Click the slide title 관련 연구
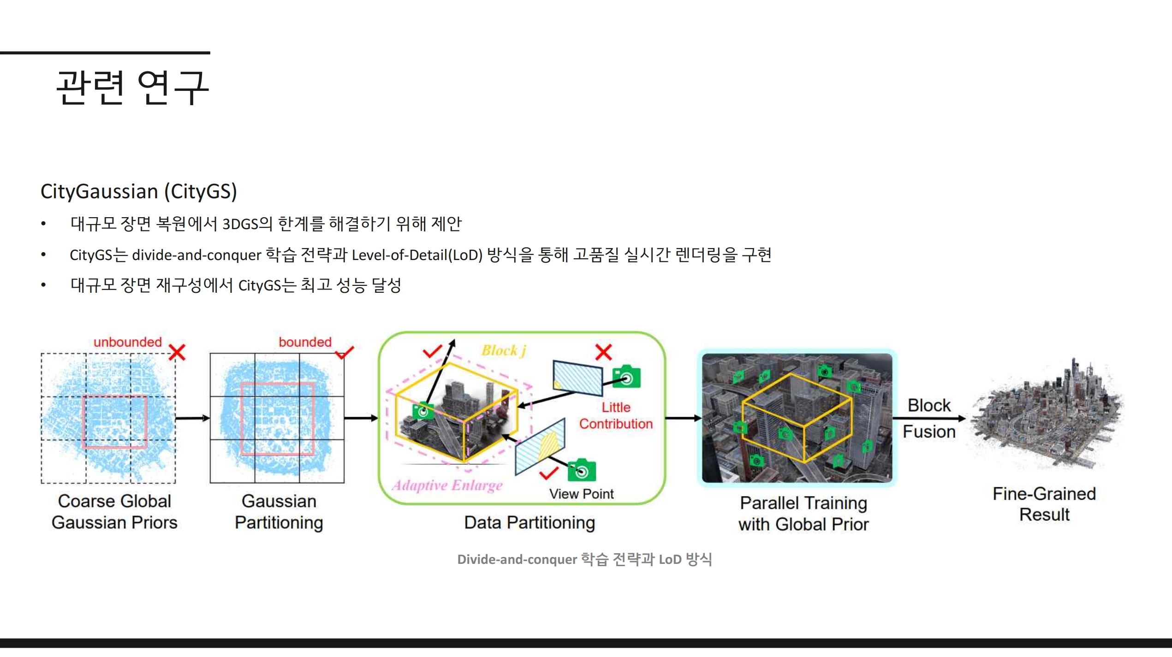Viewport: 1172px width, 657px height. pos(132,87)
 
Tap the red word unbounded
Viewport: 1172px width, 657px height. pos(128,342)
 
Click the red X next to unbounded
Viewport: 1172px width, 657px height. pos(177,353)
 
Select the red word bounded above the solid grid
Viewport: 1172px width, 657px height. pos(305,342)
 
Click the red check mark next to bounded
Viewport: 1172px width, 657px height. pos(344,353)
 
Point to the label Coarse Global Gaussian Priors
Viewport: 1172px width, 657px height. pos(114,512)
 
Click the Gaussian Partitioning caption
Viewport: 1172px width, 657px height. pos(279,512)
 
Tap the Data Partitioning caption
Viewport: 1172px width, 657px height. pos(529,523)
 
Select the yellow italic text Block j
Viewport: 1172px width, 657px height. pos(504,351)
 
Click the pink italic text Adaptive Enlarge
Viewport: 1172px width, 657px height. pos(447,485)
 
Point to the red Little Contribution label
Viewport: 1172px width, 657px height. pos(616,415)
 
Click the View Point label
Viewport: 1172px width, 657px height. pos(581,494)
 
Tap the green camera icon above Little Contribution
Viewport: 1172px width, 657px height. pos(626,377)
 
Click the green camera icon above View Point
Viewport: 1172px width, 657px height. pos(582,470)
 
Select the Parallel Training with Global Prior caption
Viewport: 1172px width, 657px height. pos(803,514)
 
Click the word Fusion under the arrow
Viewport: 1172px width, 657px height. pos(929,432)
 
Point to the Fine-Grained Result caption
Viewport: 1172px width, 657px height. pos(1044,504)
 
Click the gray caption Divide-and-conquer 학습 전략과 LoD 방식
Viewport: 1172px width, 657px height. pos(584,559)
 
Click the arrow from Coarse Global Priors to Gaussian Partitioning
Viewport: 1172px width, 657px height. pos(193,418)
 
